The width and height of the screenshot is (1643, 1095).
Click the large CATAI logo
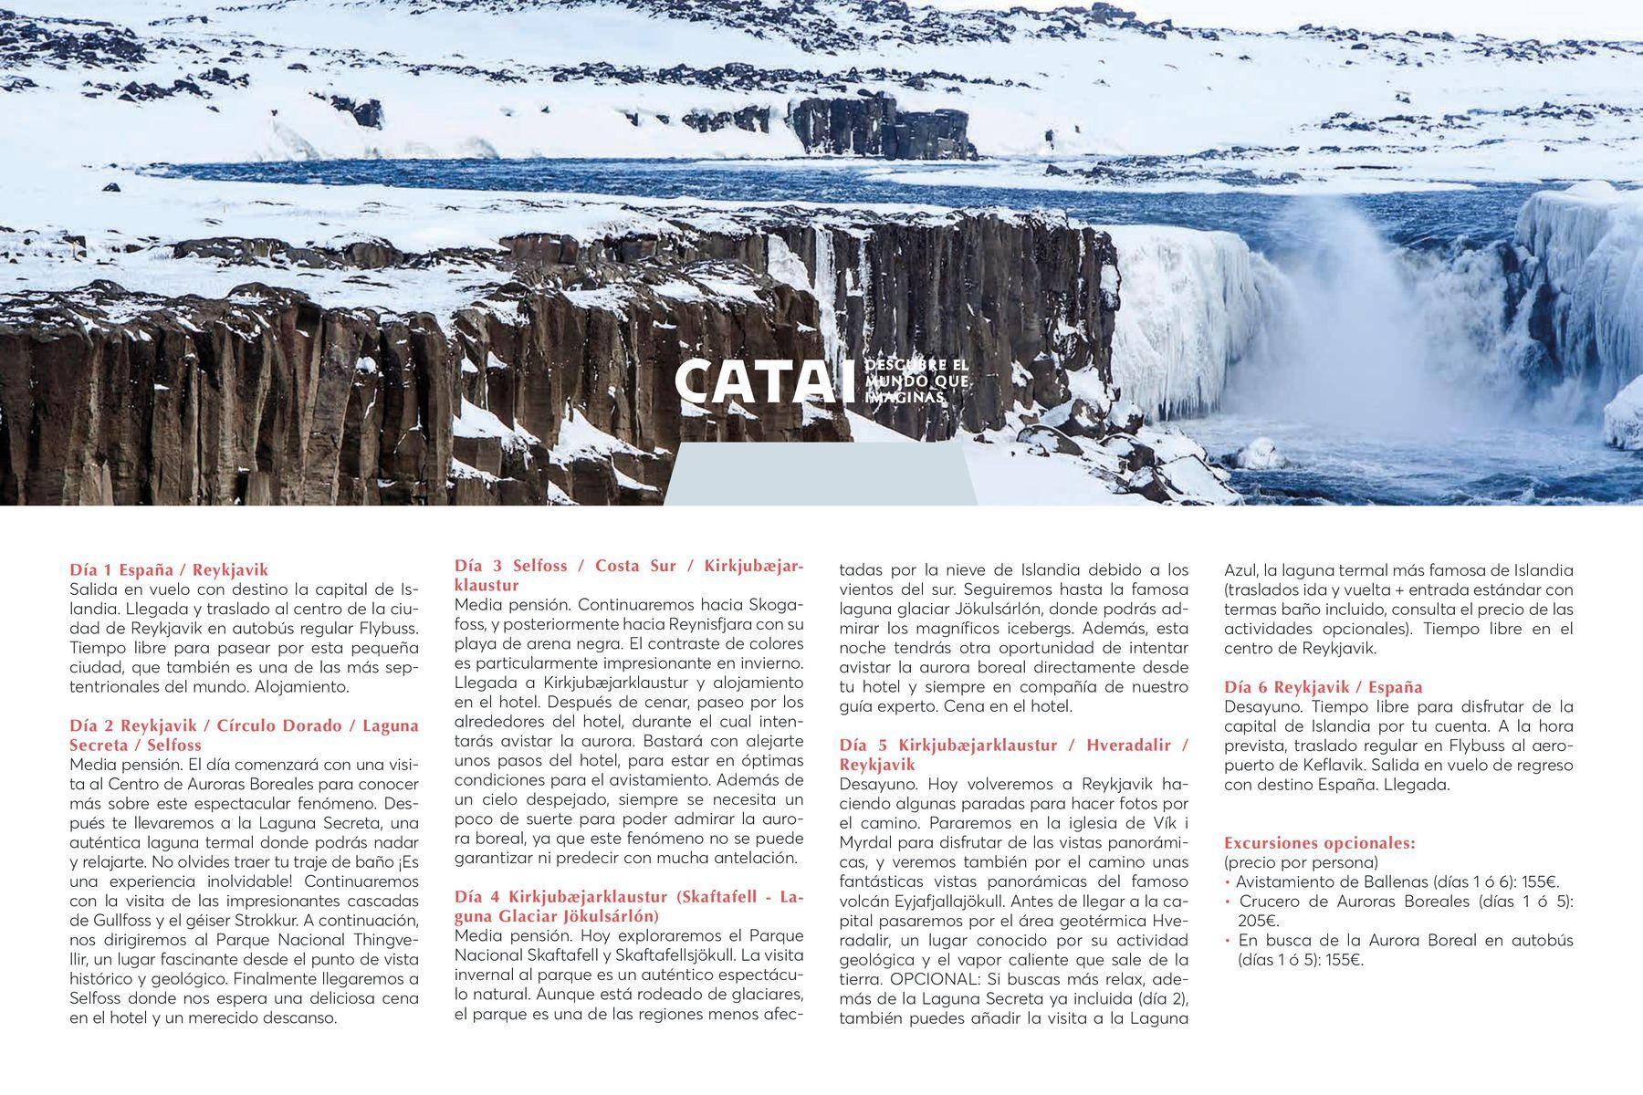(x=765, y=381)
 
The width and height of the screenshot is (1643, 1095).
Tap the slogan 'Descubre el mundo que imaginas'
(x=916, y=381)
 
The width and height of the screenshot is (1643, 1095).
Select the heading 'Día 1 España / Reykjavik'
(x=169, y=570)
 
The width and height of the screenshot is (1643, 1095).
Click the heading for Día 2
(x=244, y=735)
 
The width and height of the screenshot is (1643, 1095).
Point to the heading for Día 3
(x=629, y=575)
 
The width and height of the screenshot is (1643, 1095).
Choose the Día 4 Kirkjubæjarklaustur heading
(x=629, y=906)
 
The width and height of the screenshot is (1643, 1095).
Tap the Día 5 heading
(x=1013, y=755)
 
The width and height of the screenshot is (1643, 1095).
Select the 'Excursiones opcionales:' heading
(x=1319, y=843)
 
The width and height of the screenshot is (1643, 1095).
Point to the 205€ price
(x=1258, y=921)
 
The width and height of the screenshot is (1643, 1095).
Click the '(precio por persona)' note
(x=1301, y=862)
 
